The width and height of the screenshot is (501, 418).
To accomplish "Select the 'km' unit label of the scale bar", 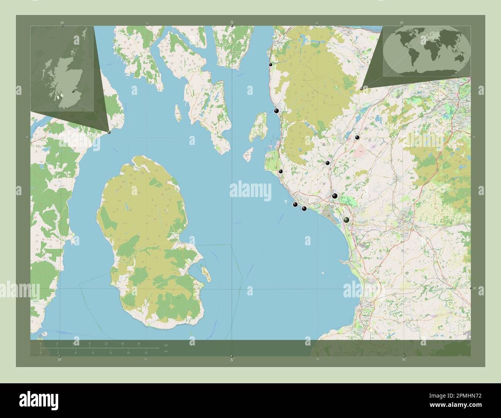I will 166,345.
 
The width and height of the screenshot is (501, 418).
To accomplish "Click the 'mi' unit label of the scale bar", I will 166,351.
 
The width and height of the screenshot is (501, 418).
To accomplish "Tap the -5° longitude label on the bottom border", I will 231,360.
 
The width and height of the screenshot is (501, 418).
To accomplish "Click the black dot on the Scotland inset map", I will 73,91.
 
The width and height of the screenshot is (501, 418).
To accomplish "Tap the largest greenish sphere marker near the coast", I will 347,220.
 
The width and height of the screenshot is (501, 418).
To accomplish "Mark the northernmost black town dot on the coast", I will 271,65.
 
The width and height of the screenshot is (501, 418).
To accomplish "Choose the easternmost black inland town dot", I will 357,137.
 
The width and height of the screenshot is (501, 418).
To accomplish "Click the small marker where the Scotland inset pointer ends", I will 109,132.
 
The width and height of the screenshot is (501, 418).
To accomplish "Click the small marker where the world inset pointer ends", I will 361,89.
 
